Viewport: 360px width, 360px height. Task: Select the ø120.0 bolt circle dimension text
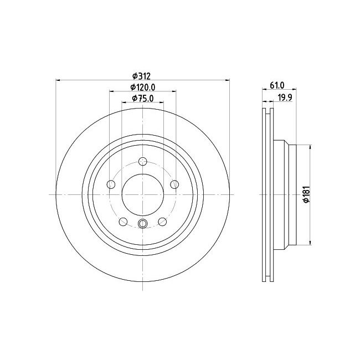tap(142, 87)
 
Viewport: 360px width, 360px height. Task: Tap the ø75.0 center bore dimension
tap(142, 98)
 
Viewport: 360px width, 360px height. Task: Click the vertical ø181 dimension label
tap(305, 195)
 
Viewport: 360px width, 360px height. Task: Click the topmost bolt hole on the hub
tap(142, 161)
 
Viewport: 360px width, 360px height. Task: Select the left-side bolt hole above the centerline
tap(111, 184)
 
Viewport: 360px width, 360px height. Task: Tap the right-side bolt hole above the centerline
tap(174, 184)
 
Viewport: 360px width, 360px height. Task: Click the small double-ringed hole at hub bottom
tap(142, 223)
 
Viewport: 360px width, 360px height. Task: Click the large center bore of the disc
tap(142, 194)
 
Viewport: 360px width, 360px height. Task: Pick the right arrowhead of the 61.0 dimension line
tap(295, 90)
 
